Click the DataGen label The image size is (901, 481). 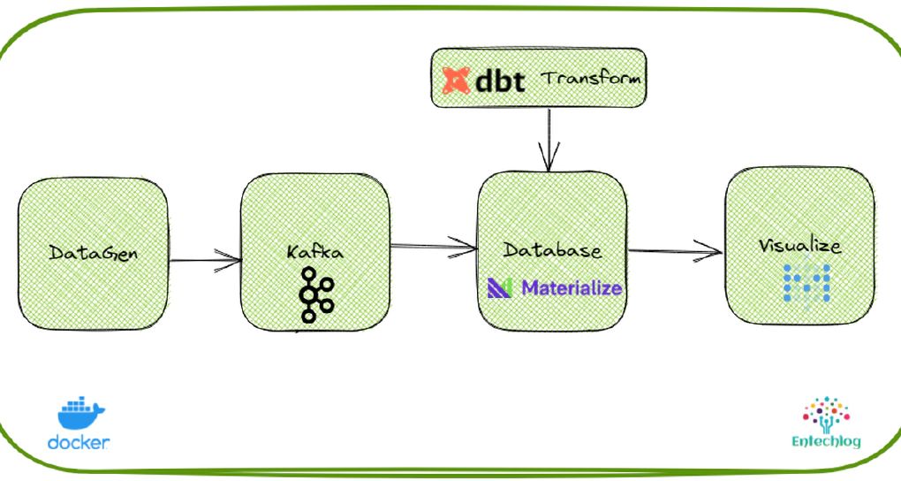(92, 253)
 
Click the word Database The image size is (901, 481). (552, 250)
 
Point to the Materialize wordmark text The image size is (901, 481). (572, 287)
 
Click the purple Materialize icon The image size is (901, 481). (500, 287)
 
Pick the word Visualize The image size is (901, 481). (799, 245)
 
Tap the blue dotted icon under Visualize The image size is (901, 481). (806, 282)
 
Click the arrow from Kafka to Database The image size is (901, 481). (433, 245)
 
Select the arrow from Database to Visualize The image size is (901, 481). (675, 251)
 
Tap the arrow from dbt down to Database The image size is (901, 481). (549, 138)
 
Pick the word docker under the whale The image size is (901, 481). (79, 441)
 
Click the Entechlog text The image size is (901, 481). (826, 441)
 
